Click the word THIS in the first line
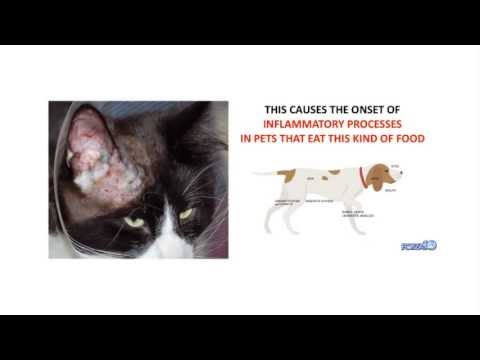coord(277,111)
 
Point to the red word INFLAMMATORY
coord(304,125)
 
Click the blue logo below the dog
coord(419,244)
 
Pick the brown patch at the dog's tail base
coord(287,176)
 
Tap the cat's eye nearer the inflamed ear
coord(135,222)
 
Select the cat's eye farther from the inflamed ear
coord(186,213)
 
